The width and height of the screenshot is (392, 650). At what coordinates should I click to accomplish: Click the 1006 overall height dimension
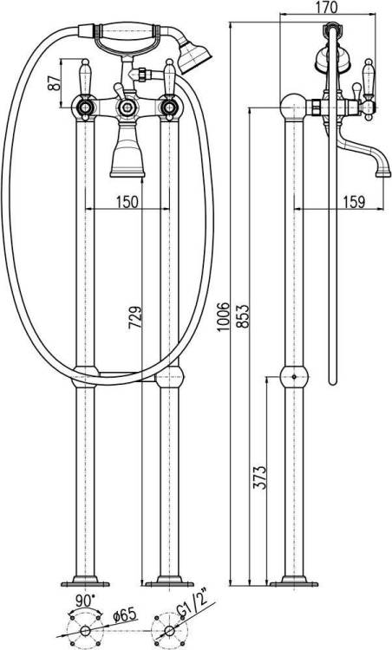coord(224,316)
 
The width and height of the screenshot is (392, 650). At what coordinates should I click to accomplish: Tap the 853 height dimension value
coord(243,316)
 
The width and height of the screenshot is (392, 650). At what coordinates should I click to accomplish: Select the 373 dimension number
coord(259,478)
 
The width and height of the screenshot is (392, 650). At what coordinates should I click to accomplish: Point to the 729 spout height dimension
coord(134,317)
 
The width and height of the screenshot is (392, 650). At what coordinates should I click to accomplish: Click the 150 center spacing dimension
coord(127,202)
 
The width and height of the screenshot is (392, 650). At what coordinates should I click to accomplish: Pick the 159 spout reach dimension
coord(354,202)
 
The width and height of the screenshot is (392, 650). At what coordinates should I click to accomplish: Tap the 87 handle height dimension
coord(53,82)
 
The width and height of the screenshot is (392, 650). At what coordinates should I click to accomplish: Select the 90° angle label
coord(86,600)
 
